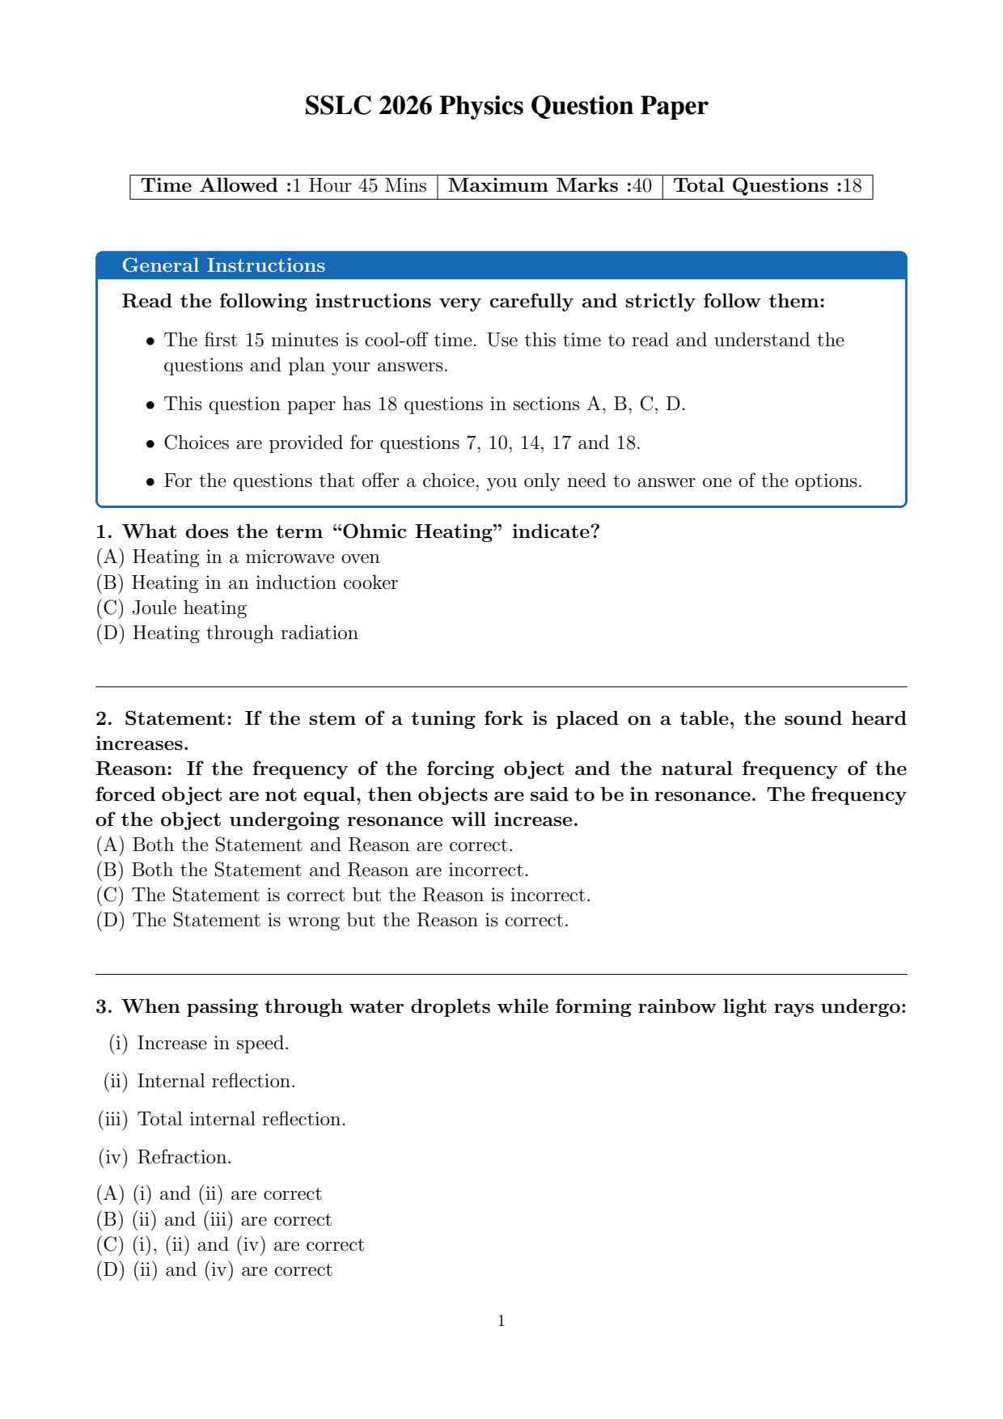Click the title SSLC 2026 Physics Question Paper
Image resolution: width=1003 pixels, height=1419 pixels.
coord(506,106)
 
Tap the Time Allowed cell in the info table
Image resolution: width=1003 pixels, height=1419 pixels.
coord(283,186)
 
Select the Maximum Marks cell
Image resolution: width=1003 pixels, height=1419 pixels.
coord(550,186)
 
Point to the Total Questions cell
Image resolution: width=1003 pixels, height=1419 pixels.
coord(767,186)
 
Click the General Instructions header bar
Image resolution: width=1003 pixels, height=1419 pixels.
coord(501,265)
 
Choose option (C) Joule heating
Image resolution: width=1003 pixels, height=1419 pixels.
coord(171,608)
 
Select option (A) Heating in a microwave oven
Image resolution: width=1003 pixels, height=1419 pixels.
coord(238,557)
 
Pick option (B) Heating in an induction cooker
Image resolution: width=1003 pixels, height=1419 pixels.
coord(247,583)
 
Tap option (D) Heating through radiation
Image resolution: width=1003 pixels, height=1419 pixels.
coord(227,633)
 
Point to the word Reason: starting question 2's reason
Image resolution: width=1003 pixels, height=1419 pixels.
coord(134,769)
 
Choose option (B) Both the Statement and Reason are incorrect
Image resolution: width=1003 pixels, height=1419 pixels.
coord(312,870)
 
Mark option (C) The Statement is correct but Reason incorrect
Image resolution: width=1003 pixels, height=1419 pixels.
coord(343,896)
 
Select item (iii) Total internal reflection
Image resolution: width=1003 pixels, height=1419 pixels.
coord(222,1120)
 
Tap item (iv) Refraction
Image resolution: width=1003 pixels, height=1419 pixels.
coord(165,1158)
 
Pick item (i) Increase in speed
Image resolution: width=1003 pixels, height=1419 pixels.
coord(199,1044)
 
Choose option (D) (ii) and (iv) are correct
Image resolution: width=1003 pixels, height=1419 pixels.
coord(214,1270)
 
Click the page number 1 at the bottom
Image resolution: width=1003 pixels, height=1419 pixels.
coord(501,1321)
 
